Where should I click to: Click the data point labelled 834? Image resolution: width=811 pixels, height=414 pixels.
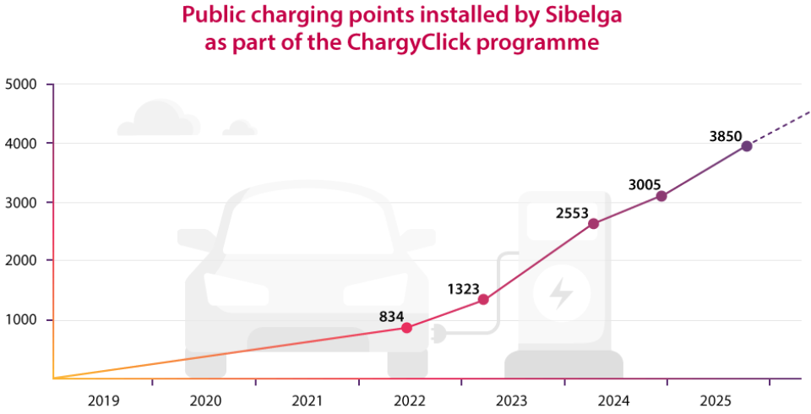click(x=406, y=328)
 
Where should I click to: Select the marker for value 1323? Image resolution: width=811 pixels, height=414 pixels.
click(x=483, y=299)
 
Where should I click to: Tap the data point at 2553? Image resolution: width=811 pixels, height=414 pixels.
click(x=593, y=223)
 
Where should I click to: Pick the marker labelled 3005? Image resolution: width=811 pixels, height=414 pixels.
click(x=661, y=196)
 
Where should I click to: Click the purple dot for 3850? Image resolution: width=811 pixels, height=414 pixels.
click(x=747, y=146)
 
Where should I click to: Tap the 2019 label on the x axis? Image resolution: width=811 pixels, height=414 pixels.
click(x=103, y=399)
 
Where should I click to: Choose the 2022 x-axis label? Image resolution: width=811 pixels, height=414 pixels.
click(x=410, y=399)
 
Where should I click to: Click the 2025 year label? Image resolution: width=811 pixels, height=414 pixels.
click(x=717, y=399)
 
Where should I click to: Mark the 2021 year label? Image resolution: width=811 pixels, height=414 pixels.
click(x=308, y=399)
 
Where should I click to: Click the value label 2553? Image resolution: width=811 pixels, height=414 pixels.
click(x=572, y=213)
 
